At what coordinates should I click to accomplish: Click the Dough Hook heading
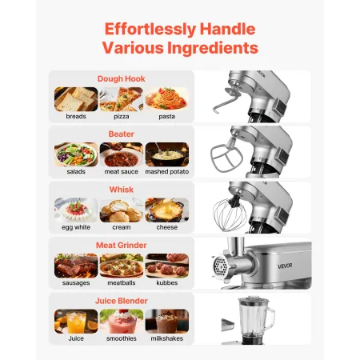click(x=121, y=78)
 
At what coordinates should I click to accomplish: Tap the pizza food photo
click(x=122, y=99)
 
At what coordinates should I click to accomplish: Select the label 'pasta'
click(x=167, y=116)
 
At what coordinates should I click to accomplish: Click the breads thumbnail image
click(x=76, y=99)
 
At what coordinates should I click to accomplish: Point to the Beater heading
click(x=121, y=134)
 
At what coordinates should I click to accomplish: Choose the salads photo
click(x=76, y=154)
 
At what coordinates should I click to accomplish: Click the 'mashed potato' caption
click(x=167, y=171)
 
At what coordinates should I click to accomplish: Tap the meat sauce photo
click(x=122, y=154)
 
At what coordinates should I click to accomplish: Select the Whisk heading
click(x=121, y=190)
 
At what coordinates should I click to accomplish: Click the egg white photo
click(x=76, y=210)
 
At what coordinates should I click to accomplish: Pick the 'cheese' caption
click(x=167, y=226)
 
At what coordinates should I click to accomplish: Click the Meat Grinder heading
click(x=121, y=245)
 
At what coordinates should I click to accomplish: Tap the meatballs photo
click(x=122, y=265)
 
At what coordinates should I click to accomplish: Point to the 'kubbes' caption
click(x=167, y=282)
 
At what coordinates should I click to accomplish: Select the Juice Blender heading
click(x=121, y=300)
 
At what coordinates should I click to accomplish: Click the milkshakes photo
click(x=167, y=321)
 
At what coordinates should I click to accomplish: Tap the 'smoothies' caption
click(x=122, y=338)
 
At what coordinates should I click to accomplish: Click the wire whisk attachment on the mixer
click(x=246, y=214)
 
